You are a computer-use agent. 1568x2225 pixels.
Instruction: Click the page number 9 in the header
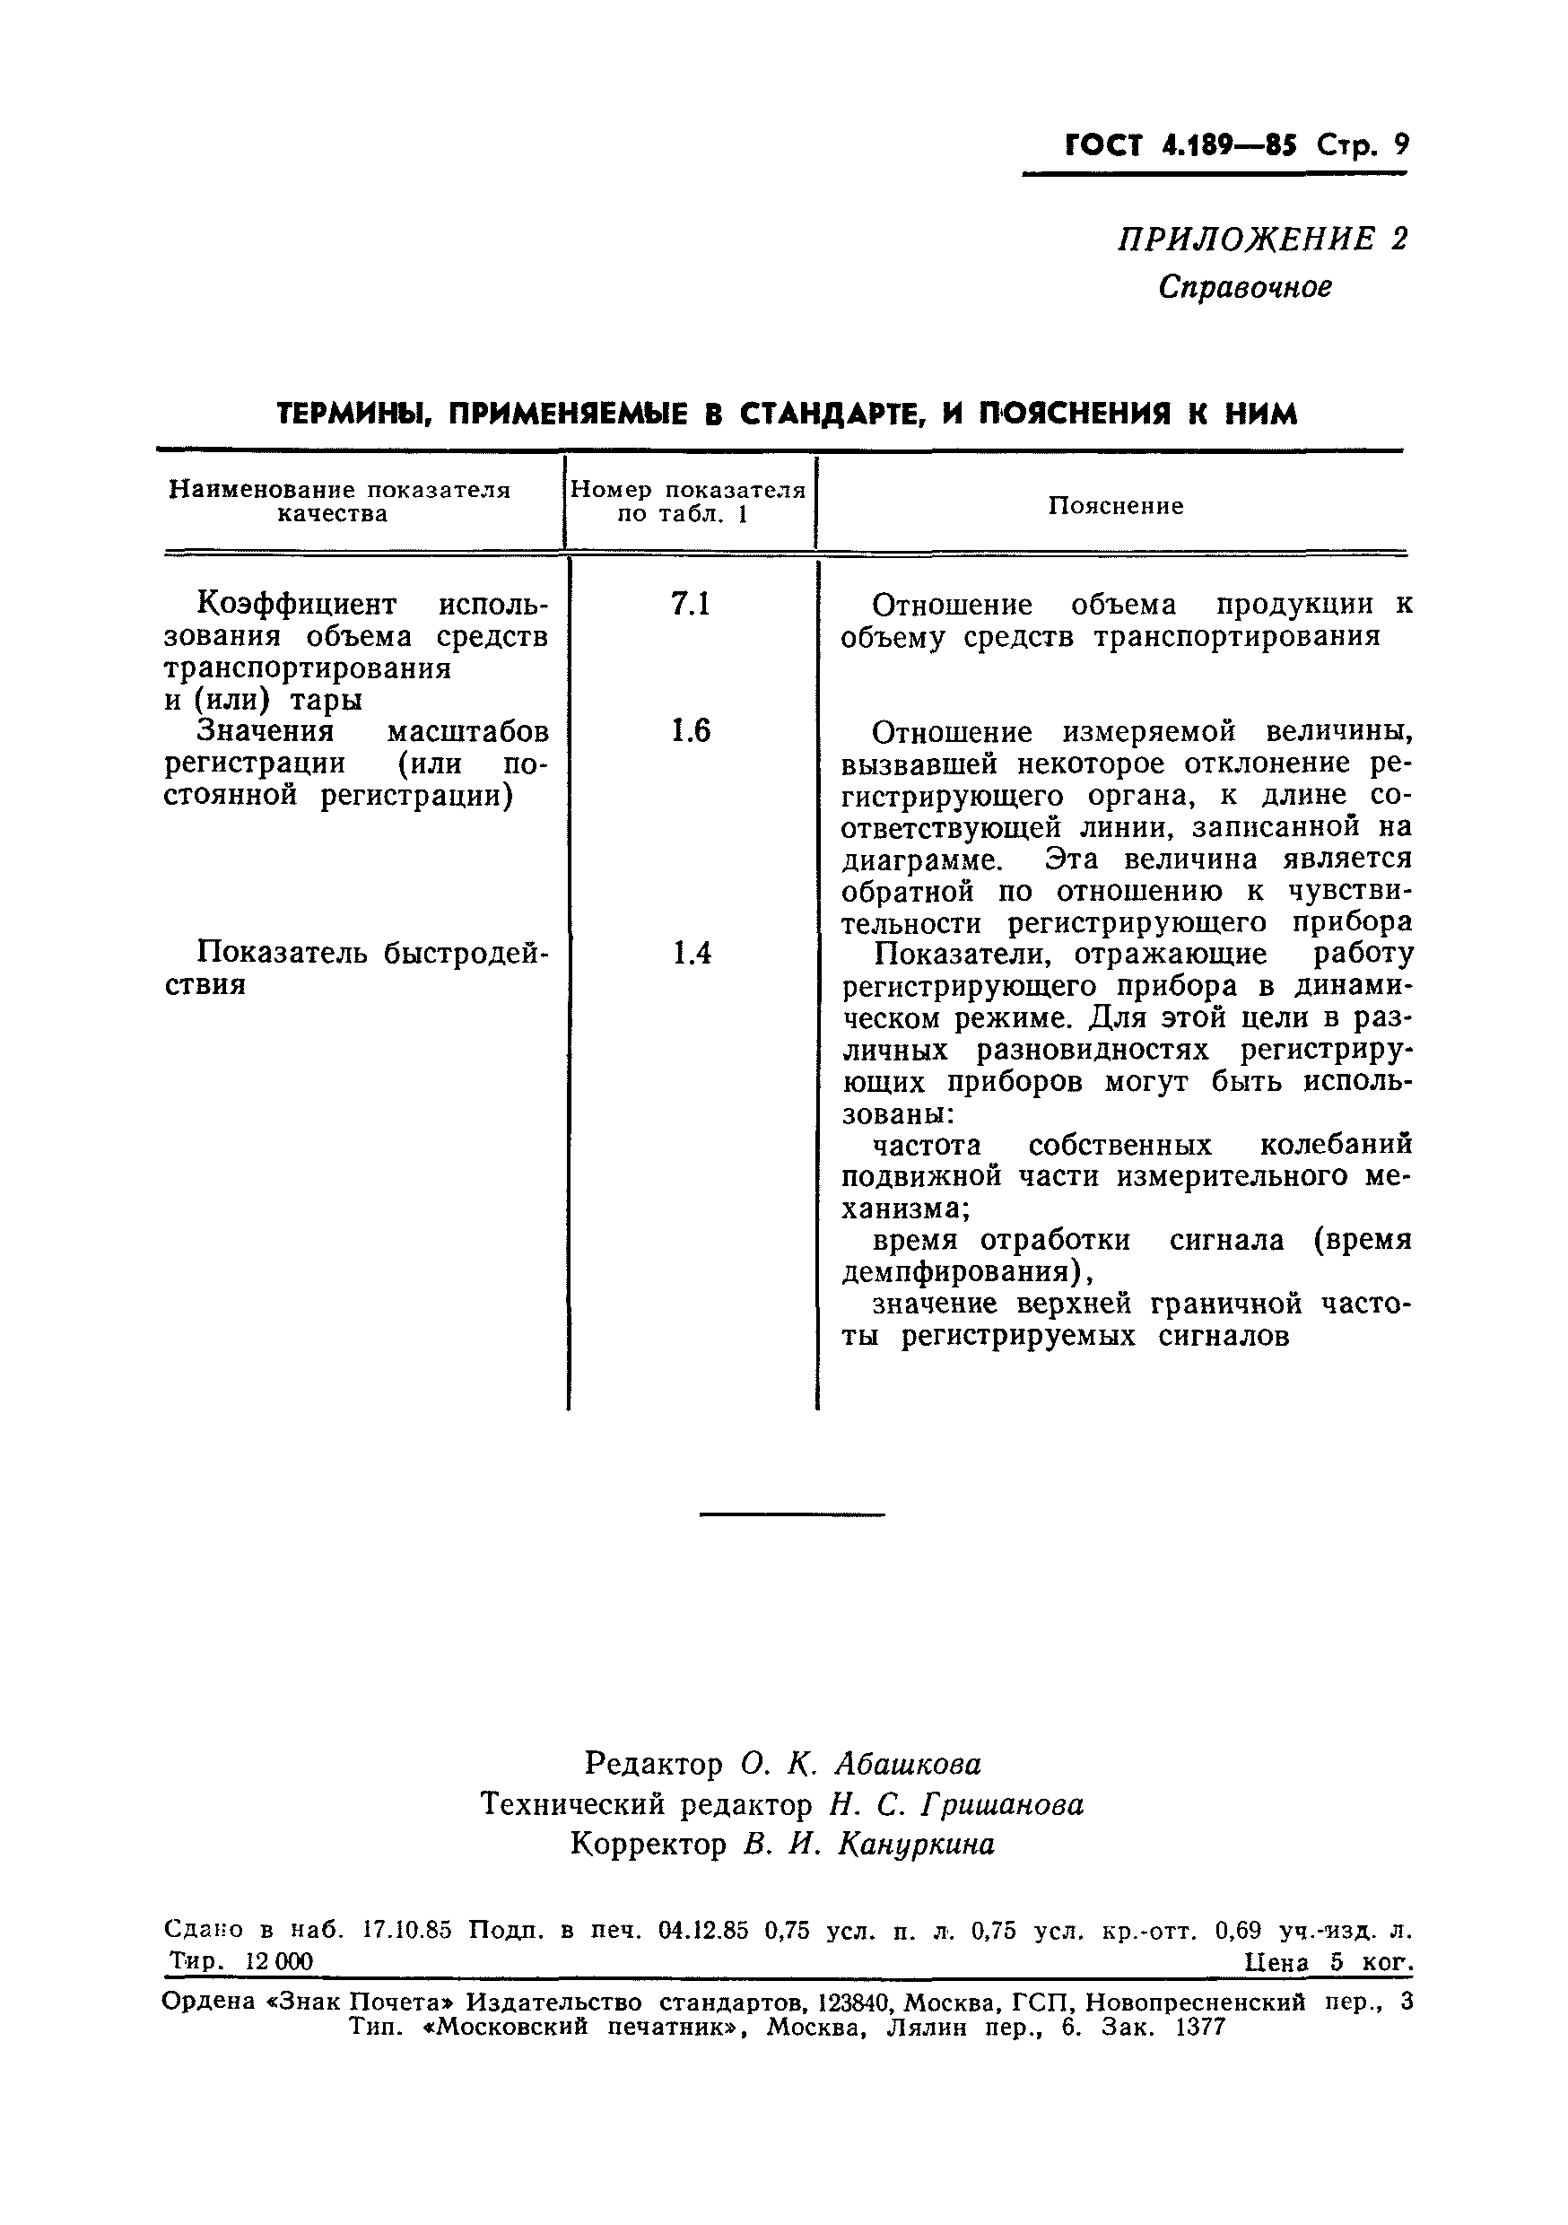[x=1399, y=145]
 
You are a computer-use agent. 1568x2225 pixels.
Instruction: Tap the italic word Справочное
[x=1245, y=287]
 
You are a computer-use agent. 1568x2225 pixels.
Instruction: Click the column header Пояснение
[x=1115, y=506]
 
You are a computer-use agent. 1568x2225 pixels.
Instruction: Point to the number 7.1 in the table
[x=691, y=605]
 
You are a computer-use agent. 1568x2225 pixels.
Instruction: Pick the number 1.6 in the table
[x=691, y=730]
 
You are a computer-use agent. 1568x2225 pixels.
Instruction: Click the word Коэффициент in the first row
[x=297, y=605]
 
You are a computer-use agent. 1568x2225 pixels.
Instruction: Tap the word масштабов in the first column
[x=468, y=730]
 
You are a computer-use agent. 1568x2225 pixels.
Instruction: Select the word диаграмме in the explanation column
[x=921, y=859]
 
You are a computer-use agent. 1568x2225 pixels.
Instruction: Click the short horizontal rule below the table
[x=792, y=1514]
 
